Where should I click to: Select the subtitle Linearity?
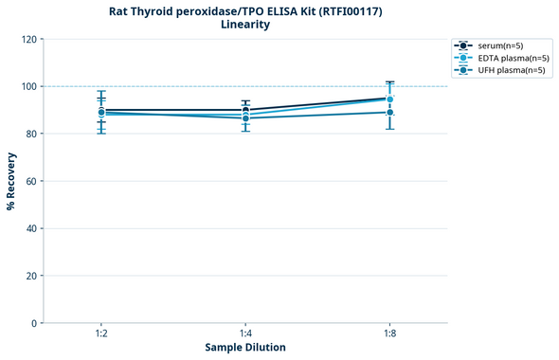coord(244,25)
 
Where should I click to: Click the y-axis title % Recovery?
coord(11,181)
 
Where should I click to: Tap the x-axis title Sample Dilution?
coord(245,348)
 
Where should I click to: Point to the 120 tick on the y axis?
coord(28,39)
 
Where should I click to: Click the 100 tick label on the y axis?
coord(28,86)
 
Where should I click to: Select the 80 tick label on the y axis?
coord(31,134)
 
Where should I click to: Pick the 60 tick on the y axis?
coord(31,181)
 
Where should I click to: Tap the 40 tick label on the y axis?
coord(31,228)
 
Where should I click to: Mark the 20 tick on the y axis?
coord(31,276)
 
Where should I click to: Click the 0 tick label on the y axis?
coord(34,323)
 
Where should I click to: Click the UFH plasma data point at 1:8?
coord(389,113)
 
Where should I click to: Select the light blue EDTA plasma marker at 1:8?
coord(389,99)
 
